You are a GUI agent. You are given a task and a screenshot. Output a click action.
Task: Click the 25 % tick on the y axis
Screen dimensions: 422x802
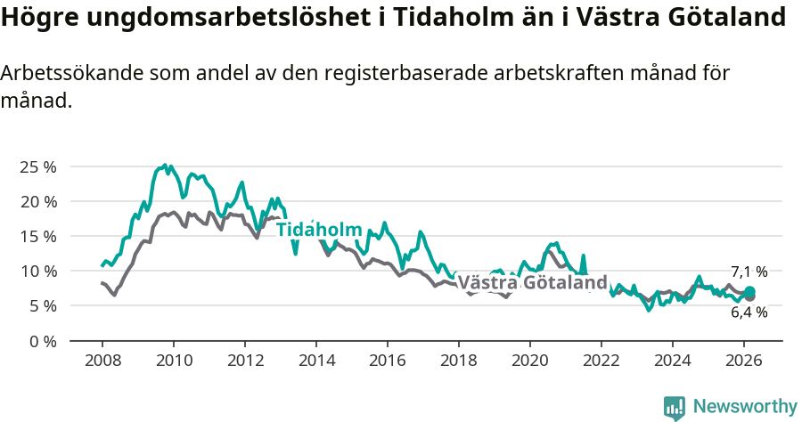37,166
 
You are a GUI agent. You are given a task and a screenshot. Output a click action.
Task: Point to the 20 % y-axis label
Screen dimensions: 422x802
37,201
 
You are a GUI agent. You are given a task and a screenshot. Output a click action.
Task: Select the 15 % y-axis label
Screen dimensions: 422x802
37,236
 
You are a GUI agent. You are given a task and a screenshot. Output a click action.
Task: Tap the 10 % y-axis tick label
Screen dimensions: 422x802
37,271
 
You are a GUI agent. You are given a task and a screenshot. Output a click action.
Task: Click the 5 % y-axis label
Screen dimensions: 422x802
41,305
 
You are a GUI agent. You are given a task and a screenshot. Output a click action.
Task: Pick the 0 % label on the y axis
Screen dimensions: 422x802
41,341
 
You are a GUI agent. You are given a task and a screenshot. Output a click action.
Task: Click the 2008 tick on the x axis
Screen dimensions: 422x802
102,361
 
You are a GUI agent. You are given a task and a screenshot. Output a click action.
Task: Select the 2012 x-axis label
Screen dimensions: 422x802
245,361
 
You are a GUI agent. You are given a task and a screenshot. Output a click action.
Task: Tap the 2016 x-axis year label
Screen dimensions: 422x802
388,361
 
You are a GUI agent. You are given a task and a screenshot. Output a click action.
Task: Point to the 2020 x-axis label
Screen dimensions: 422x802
530,361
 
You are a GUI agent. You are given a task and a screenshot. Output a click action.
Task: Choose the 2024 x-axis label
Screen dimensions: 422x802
673,361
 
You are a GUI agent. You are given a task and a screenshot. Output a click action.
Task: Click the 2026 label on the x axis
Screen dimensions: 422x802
744,361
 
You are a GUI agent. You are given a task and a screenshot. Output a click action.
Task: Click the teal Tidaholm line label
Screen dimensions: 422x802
319,230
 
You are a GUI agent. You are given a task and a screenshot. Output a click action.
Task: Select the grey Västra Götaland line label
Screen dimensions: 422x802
532,283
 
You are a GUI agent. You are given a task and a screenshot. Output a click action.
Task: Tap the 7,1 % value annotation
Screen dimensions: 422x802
749,272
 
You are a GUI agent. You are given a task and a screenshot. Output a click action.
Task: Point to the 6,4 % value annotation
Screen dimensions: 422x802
749,312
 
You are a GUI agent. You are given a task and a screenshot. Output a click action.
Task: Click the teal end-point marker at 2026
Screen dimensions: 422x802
750,292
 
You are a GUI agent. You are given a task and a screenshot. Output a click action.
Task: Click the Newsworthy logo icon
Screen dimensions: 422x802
675,407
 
